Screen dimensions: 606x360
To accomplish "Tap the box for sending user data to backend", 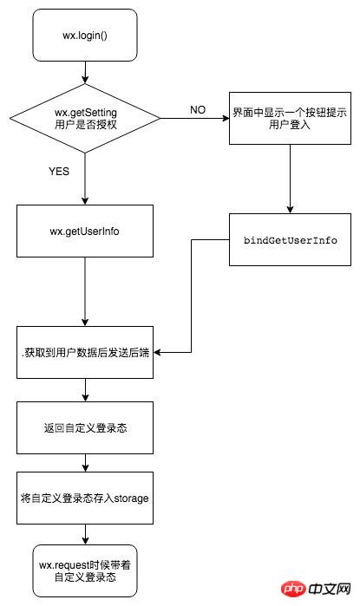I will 84,350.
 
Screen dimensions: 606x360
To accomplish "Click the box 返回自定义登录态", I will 84,428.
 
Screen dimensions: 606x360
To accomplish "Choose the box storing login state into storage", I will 84,499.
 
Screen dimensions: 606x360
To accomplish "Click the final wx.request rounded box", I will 84,570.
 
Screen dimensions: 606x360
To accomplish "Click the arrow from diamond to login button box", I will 195,118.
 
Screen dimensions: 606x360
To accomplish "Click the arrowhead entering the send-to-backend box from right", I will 160,351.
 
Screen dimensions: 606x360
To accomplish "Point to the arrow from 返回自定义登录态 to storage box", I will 84,464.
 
